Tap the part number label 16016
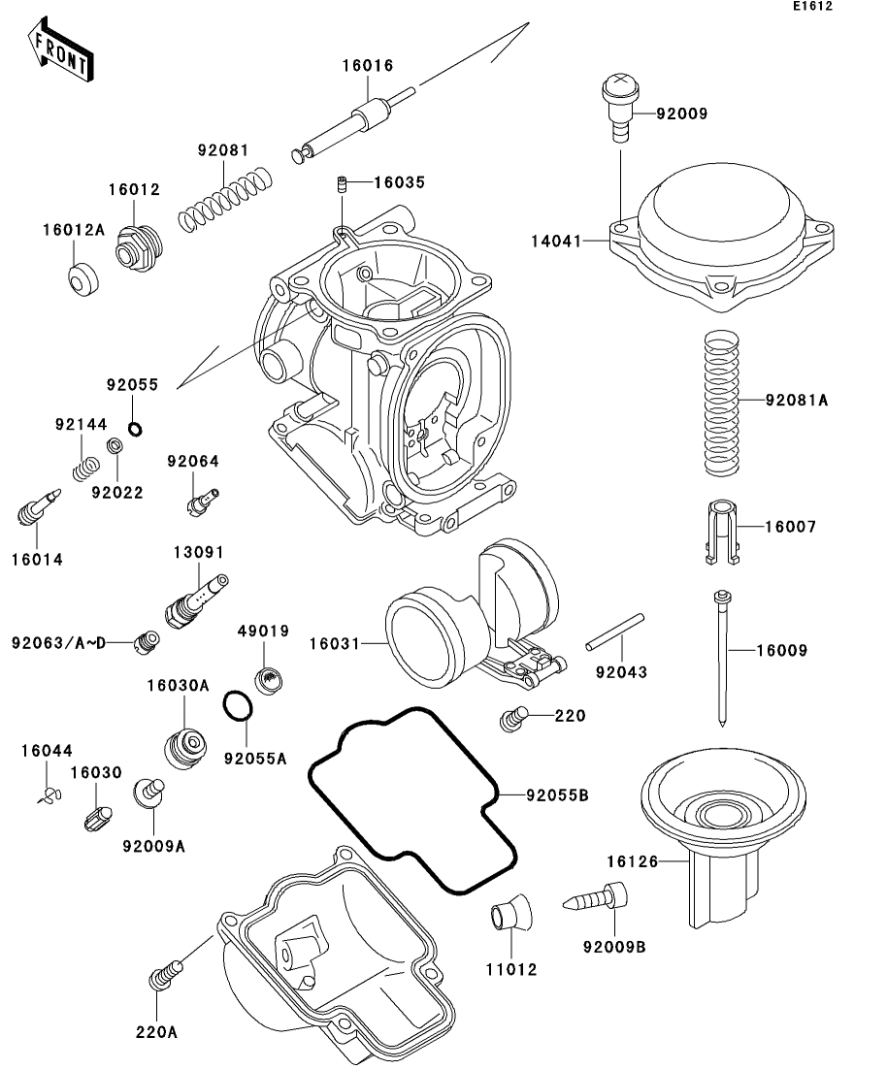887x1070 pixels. [x=368, y=66]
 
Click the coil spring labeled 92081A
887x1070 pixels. [x=722, y=403]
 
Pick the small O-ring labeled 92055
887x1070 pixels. [x=135, y=429]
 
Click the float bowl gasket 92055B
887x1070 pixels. [x=412, y=799]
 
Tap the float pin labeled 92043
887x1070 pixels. [x=614, y=632]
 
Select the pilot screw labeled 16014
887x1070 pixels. [x=39, y=507]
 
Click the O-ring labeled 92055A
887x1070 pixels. [x=238, y=705]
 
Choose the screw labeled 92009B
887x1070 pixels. [x=595, y=897]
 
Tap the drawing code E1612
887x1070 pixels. [x=812, y=6]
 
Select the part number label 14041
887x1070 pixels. [x=556, y=242]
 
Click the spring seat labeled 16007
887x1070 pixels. [x=722, y=533]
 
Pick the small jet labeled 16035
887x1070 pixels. [x=343, y=184]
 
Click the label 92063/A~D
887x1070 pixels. [x=59, y=643]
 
